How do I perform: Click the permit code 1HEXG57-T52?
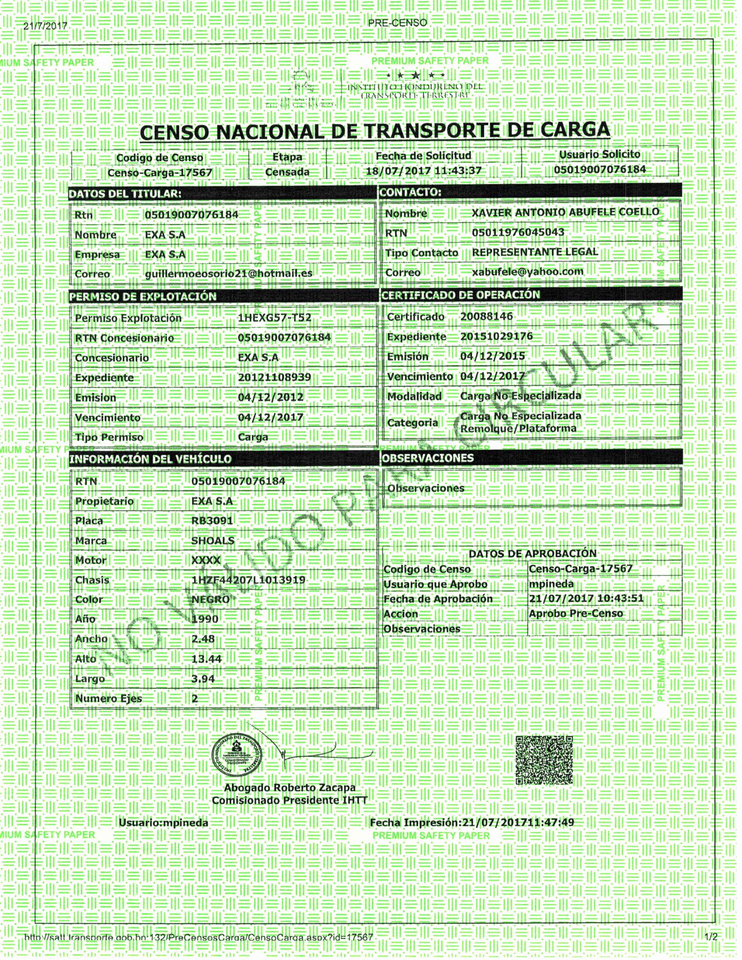(274, 318)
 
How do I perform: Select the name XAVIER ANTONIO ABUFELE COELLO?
(565, 212)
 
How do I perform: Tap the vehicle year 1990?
(205, 619)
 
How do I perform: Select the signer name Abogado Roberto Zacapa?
(290, 788)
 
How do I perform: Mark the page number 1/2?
(711, 937)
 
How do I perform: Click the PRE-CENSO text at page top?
(398, 23)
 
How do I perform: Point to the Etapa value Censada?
(287, 172)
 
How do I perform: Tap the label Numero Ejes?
(109, 698)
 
